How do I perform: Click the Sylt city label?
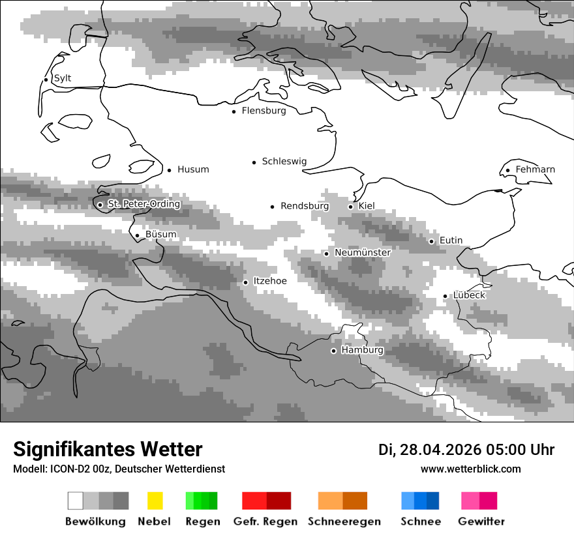[x=63, y=79]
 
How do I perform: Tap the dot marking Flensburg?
[x=234, y=111]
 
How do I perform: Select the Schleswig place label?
[x=284, y=162]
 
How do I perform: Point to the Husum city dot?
[x=170, y=170]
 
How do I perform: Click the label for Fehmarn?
[x=535, y=170]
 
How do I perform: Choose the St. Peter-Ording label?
[x=143, y=204]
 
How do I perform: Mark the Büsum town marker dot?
[x=137, y=235]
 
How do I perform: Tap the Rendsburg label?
[x=305, y=206]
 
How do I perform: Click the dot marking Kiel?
[x=351, y=207]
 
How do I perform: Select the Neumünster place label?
[x=363, y=252]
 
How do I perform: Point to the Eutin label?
[x=451, y=241]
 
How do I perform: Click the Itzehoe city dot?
[x=246, y=282]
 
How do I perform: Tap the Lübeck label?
[x=469, y=295]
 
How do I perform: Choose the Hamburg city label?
[x=362, y=350]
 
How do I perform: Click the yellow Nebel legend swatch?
[x=155, y=501]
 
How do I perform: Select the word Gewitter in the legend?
[x=481, y=521]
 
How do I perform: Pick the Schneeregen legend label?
[x=344, y=521]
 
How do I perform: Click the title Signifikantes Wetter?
[x=108, y=449]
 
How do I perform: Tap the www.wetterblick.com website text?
[x=471, y=469]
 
